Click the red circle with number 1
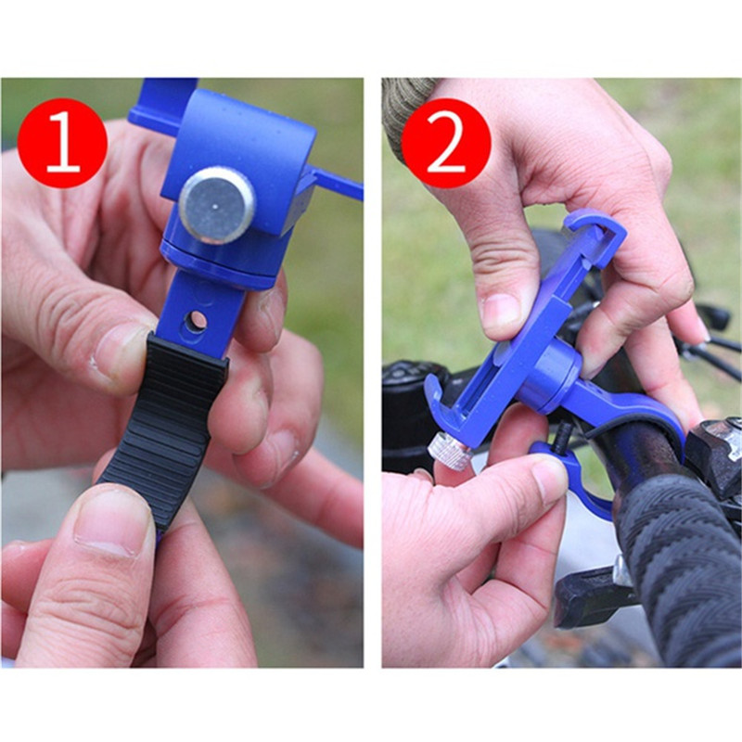(62, 143)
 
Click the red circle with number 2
(446, 143)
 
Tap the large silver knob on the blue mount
(217, 205)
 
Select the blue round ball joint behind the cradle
(549, 377)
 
